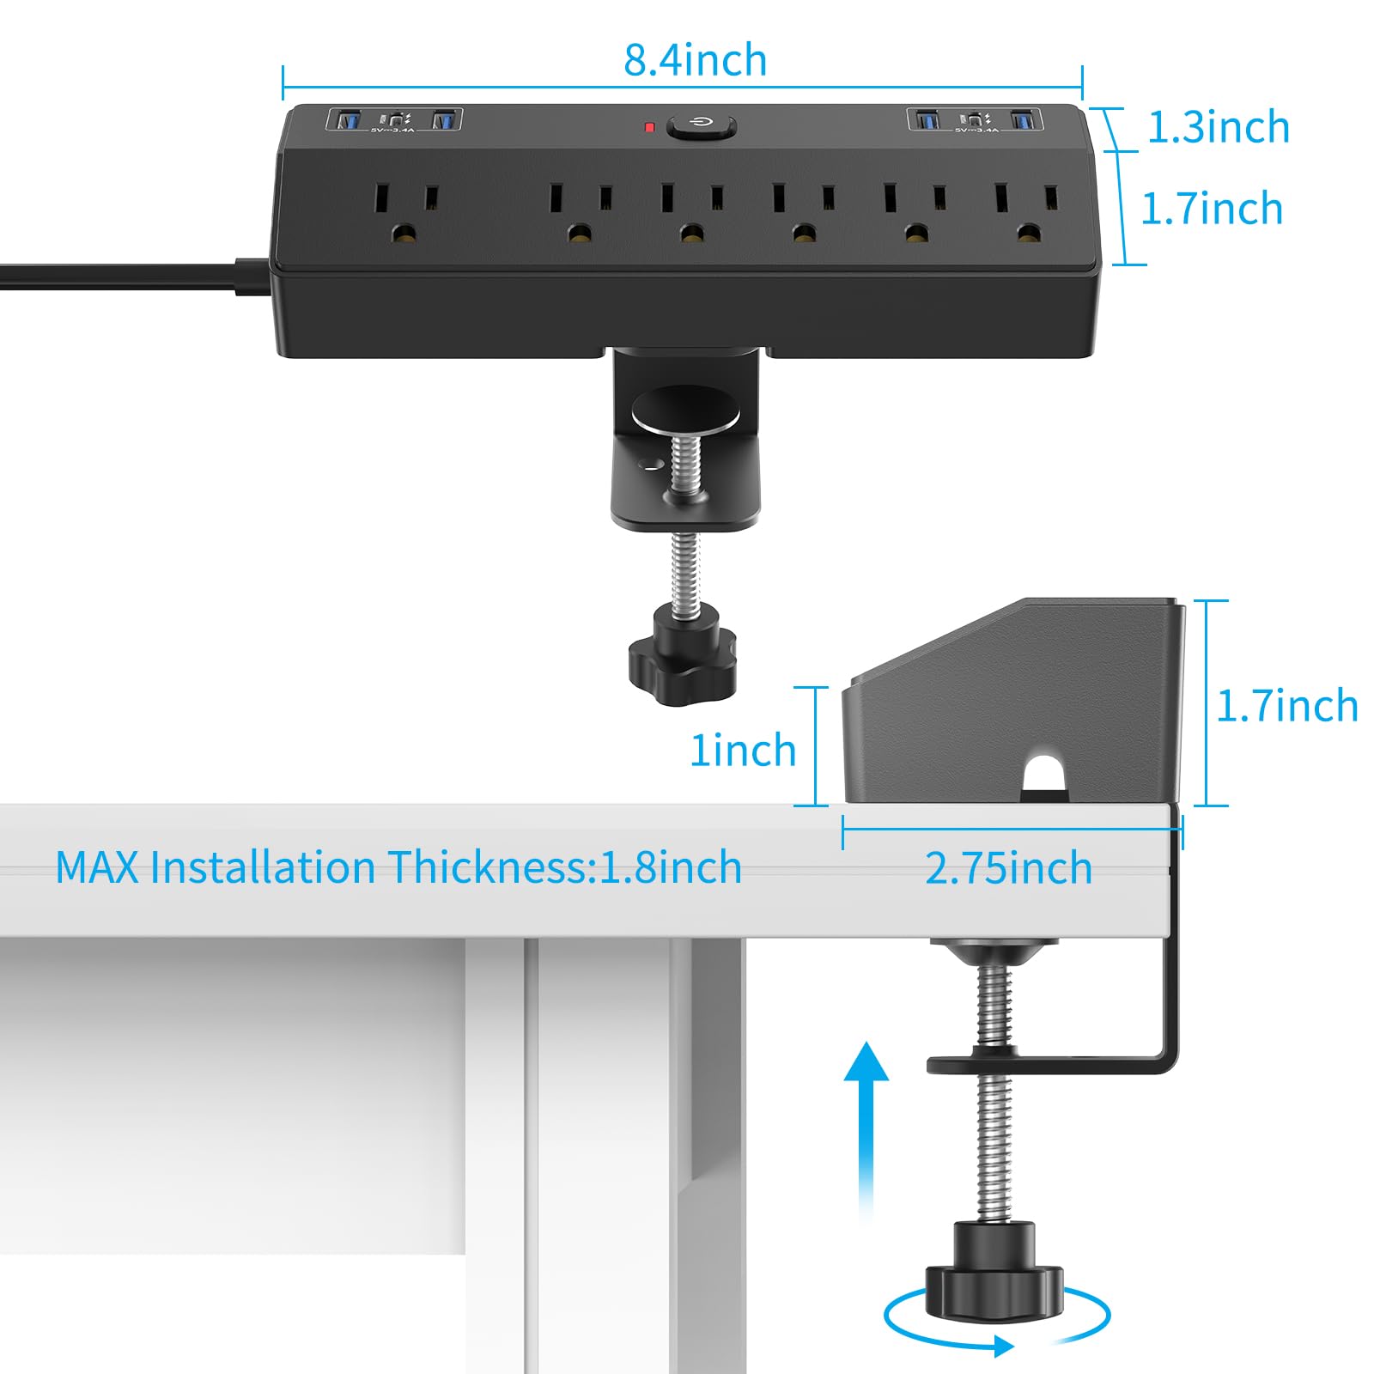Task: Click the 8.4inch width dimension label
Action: click(x=695, y=60)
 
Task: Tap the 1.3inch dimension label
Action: click(x=1218, y=127)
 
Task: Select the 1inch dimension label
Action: click(x=744, y=750)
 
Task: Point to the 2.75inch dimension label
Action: click(x=1008, y=868)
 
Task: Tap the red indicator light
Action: click(x=650, y=128)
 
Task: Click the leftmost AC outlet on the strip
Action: click(x=404, y=211)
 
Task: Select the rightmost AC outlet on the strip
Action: click(x=1027, y=211)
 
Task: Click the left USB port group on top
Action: click(x=394, y=120)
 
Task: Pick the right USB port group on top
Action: click(x=976, y=120)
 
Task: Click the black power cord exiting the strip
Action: click(x=120, y=277)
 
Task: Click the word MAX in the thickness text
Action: click(x=96, y=867)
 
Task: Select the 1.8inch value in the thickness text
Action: click(x=670, y=867)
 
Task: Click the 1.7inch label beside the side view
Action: click(x=1286, y=706)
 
